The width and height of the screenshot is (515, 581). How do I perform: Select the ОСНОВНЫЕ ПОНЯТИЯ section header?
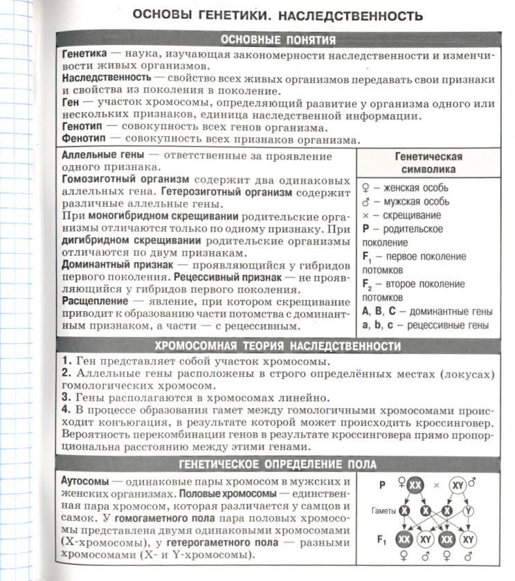(277, 40)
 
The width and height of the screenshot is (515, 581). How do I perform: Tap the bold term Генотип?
(84, 127)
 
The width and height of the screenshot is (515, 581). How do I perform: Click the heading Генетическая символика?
(428, 163)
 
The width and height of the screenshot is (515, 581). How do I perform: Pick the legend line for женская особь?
(405, 187)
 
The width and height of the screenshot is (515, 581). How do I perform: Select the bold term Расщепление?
(95, 302)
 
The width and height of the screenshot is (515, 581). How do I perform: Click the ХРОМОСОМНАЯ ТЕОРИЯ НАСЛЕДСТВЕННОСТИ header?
(277, 345)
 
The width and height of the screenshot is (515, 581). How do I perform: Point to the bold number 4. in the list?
(67, 409)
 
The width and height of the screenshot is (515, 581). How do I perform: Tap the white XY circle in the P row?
(458, 486)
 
